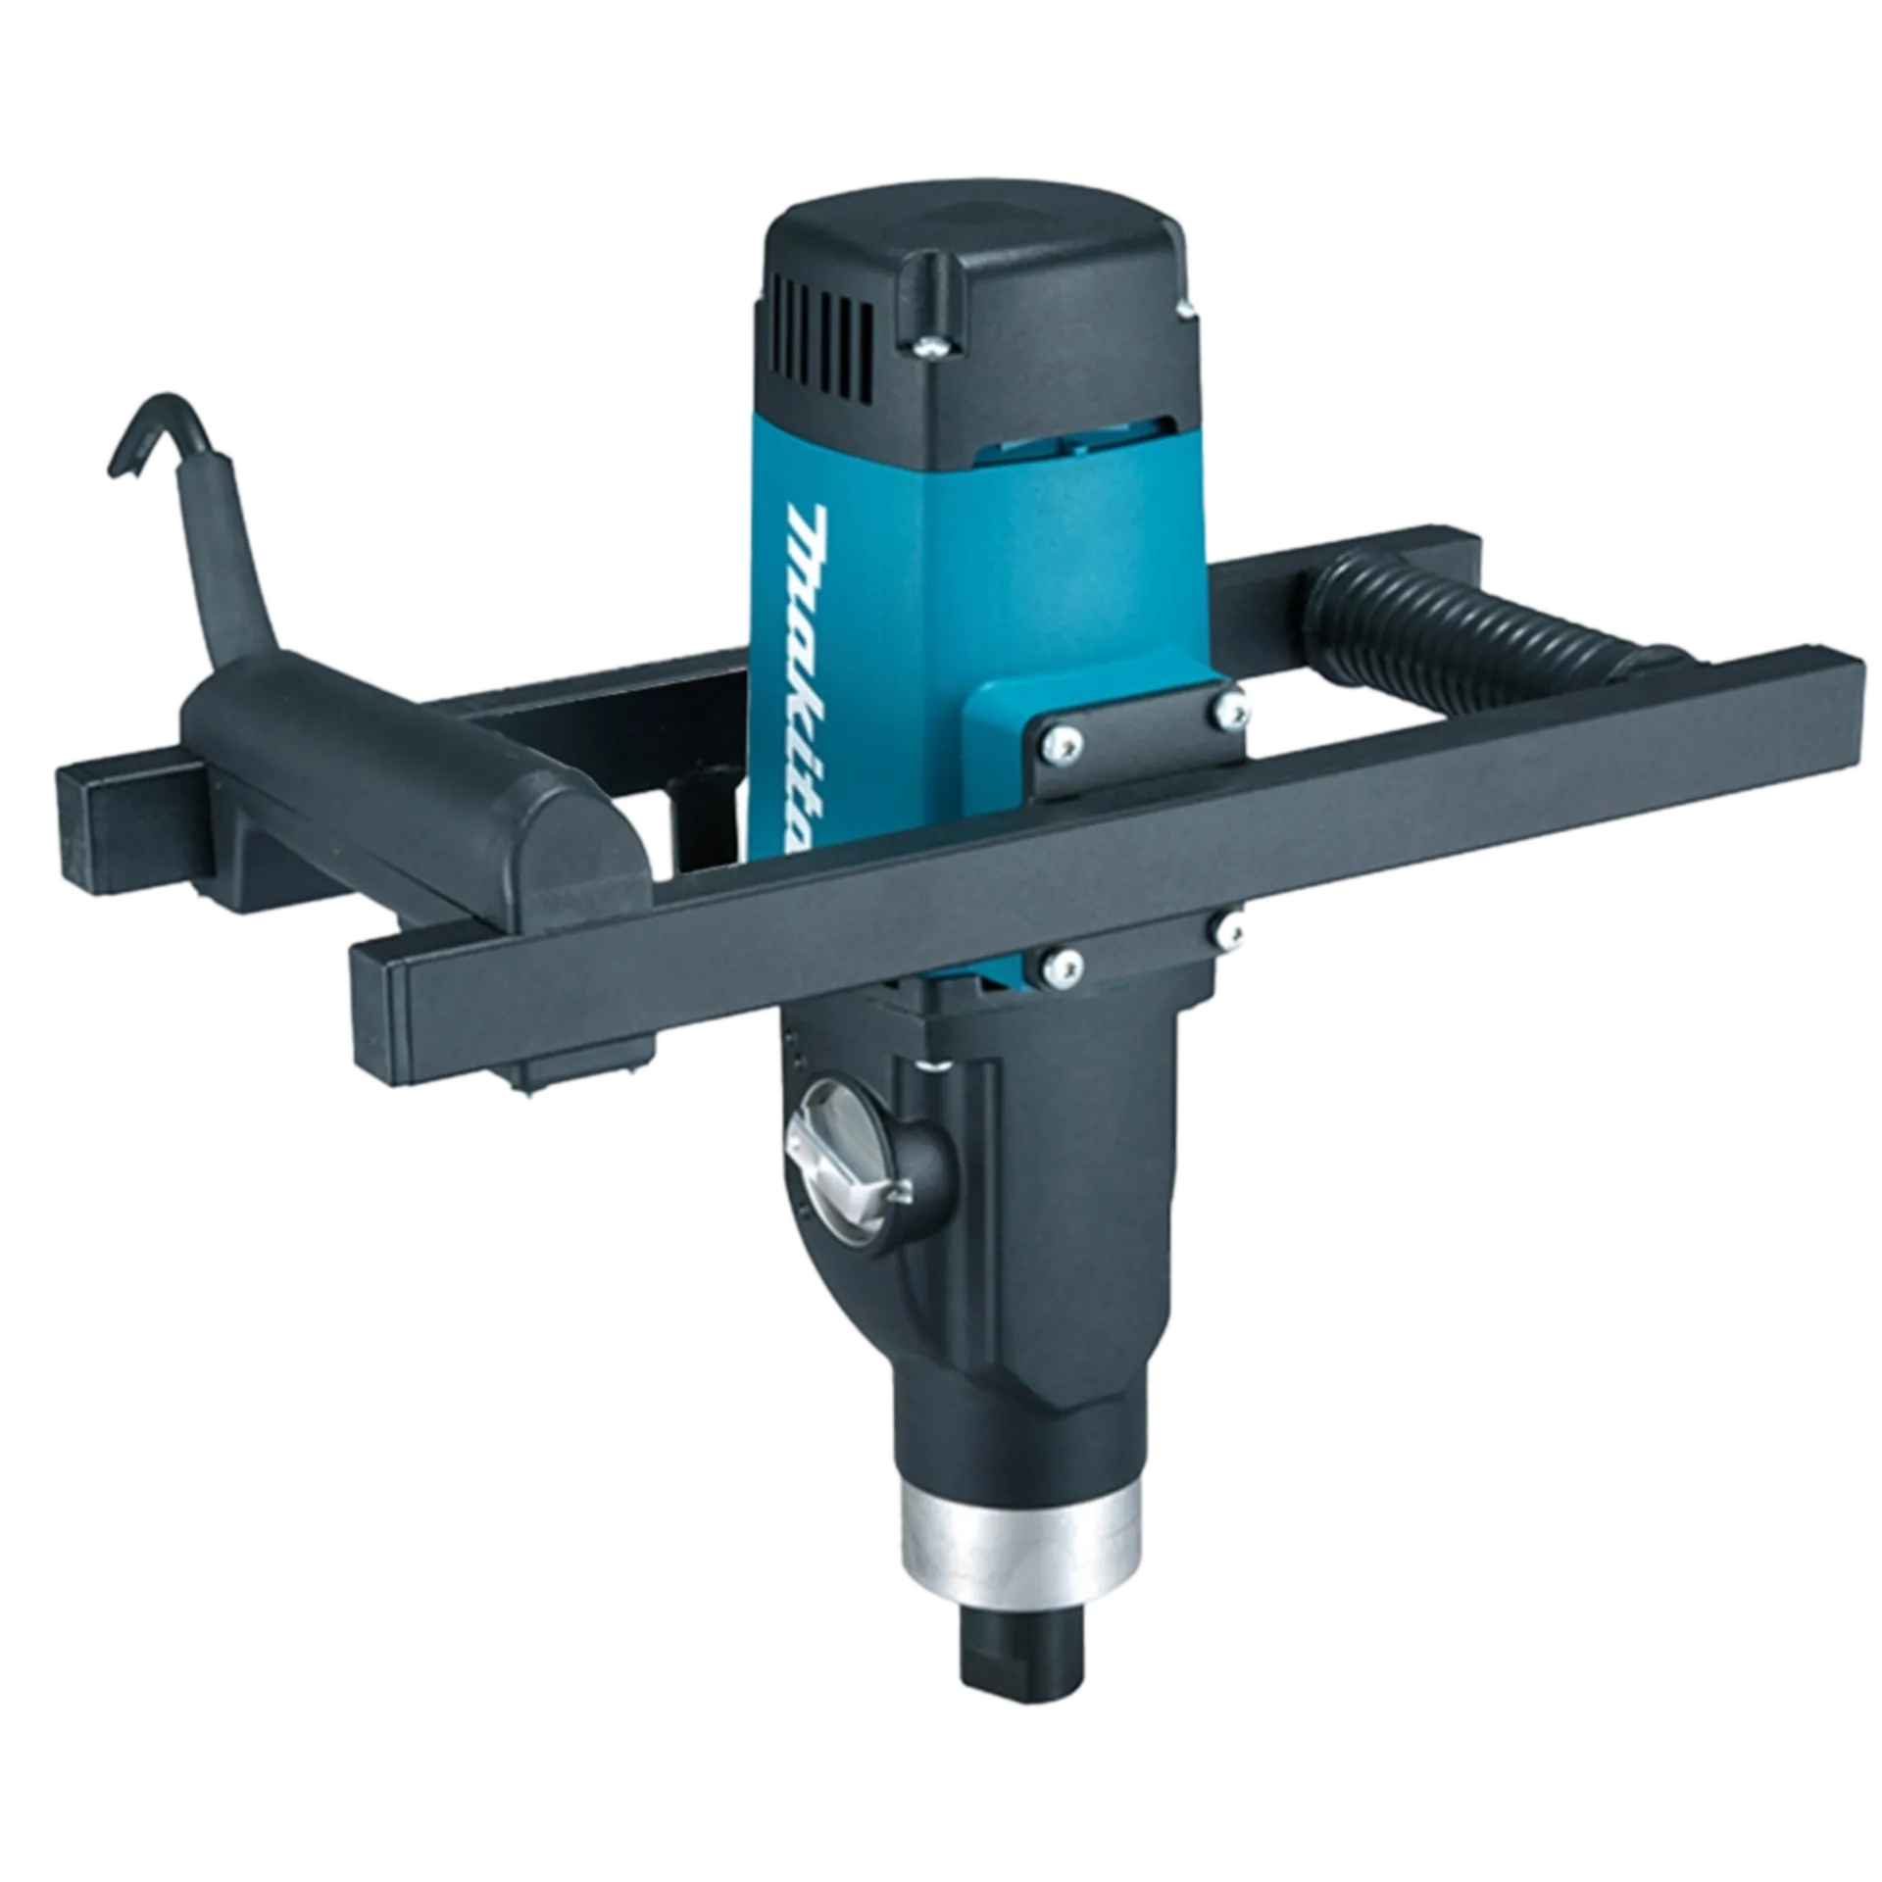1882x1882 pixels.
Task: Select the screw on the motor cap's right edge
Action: tap(1187, 310)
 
